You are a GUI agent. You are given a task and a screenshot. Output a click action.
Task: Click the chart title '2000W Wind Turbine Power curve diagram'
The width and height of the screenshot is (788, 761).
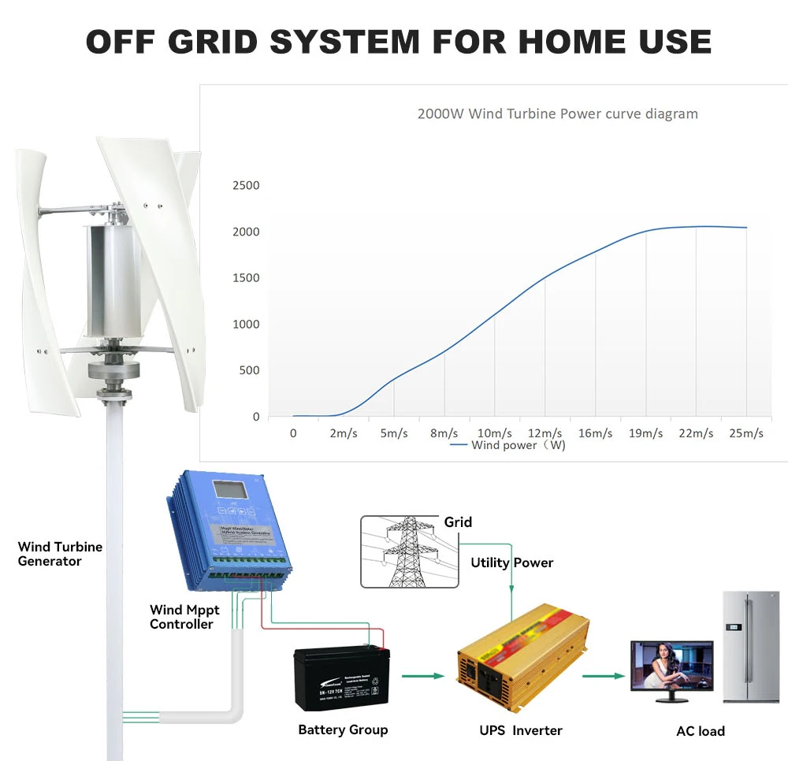point(557,113)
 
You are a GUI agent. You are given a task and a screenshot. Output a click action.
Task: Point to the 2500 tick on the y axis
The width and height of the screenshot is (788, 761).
point(246,185)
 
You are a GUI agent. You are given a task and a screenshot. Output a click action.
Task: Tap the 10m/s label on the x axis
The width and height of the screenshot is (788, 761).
point(494,433)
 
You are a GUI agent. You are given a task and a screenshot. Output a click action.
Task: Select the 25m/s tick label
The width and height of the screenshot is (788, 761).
point(745,433)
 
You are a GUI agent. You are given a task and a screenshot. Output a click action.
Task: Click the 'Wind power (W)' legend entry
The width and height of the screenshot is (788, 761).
point(508,445)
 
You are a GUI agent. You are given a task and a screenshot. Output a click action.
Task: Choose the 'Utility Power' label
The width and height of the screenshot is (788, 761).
point(511,562)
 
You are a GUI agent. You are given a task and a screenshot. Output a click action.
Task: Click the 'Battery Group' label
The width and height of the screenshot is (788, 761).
point(343,729)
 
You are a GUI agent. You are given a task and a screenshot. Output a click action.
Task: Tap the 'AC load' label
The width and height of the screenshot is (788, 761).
point(700,731)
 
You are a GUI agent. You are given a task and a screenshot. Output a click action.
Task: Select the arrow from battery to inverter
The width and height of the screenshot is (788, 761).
point(423,675)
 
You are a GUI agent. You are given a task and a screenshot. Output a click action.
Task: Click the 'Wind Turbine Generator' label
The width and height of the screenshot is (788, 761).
point(60,554)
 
